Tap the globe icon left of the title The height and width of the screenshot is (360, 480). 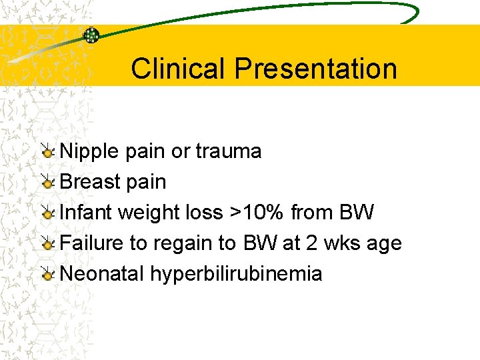point(91,35)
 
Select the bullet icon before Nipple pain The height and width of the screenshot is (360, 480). point(47,152)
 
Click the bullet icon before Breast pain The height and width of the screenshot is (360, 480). point(47,183)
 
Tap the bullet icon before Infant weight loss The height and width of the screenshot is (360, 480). point(47,213)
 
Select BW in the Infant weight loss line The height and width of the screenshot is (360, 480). point(357,213)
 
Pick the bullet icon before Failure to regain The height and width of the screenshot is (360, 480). point(47,244)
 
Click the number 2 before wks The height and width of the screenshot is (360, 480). point(312,243)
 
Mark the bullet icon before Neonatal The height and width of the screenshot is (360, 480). point(47,275)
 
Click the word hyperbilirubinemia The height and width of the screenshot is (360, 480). point(236,274)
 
